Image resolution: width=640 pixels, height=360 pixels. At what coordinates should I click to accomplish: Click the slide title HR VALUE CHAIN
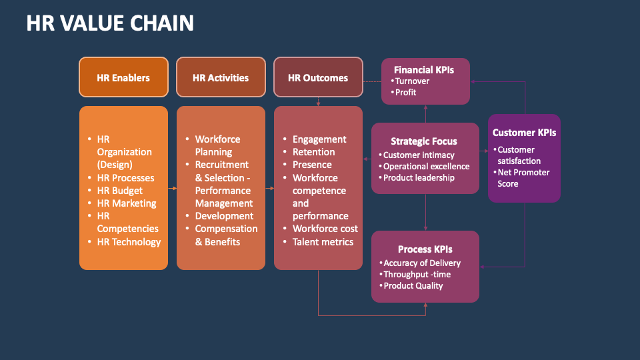[110, 23]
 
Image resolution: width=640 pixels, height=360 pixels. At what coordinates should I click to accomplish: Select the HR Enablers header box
[123, 78]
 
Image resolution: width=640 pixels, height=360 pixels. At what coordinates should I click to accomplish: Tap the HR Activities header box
[221, 78]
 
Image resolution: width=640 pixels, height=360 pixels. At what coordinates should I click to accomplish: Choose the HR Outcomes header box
[318, 78]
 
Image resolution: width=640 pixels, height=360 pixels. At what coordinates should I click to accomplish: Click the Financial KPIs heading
[425, 69]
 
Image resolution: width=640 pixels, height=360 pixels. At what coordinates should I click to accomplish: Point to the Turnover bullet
[412, 81]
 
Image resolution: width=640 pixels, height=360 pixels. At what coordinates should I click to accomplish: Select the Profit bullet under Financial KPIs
[405, 93]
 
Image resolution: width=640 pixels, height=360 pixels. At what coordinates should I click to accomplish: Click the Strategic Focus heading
[424, 141]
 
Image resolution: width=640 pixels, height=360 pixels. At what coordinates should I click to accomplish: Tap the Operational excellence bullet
[426, 167]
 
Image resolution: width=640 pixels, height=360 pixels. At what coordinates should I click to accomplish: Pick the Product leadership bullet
[419, 178]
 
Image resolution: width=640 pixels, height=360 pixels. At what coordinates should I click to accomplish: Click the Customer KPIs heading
[524, 133]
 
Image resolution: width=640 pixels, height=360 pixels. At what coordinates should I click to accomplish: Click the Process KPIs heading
[425, 249]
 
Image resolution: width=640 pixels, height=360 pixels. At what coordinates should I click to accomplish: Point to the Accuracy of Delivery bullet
[421, 263]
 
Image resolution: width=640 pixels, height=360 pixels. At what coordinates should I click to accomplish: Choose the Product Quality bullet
[413, 286]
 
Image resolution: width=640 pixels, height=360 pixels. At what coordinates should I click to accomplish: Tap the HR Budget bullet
[119, 191]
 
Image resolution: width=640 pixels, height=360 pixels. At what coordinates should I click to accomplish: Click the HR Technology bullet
[129, 242]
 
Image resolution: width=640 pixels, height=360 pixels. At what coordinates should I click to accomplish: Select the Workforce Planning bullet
[217, 145]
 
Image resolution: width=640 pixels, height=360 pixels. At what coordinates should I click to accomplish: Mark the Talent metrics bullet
[323, 242]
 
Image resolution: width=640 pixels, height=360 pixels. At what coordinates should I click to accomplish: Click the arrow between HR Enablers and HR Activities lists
[172, 189]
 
